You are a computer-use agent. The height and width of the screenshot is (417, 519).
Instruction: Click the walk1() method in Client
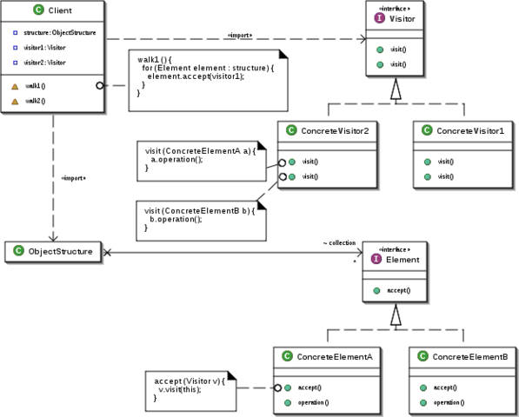coord(37,86)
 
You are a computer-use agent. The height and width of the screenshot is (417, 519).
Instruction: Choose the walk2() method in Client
coord(37,101)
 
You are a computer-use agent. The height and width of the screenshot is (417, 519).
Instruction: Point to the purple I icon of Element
coord(376,259)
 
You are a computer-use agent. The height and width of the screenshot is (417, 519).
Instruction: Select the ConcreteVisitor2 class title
coord(334,130)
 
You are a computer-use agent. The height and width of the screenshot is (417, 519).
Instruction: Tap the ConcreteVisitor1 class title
coord(469,130)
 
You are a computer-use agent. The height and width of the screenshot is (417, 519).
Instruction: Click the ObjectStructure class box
coord(54,252)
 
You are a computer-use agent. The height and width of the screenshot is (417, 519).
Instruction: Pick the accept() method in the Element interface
coord(398,289)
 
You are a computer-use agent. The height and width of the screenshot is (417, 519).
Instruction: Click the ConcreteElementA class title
coord(334,357)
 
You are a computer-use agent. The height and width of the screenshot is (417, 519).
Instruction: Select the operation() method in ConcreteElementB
coord(449,403)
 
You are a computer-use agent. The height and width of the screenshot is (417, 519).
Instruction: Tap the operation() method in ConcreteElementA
coord(313,403)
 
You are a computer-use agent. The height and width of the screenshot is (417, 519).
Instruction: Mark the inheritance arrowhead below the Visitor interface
coord(395,89)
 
